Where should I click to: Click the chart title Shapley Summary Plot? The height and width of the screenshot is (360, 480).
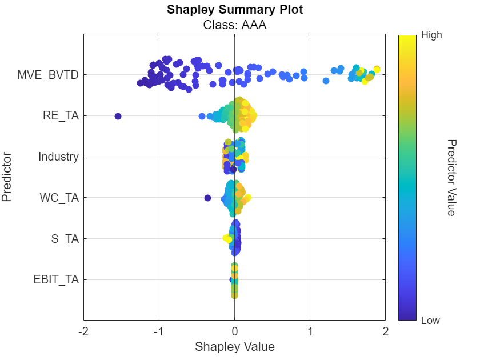[234, 10]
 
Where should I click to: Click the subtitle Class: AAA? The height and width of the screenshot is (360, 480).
[234, 25]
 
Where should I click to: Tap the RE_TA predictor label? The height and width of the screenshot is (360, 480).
[61, 116]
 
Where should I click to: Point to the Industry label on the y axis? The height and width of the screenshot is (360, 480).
[58, 157]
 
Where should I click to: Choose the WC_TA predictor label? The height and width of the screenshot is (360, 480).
[59, 198]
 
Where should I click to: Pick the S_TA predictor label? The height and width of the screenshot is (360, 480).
[65, 239]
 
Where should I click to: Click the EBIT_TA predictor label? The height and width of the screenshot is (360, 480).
[56, 280]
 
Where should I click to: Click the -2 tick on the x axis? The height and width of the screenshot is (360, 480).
[83, 331]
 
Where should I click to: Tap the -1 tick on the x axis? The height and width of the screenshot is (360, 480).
[159, 331]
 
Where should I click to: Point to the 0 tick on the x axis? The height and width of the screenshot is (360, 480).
[234, 331]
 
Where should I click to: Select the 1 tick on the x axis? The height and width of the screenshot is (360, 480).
[310, 331]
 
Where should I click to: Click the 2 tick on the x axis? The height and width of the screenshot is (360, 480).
[386, 331]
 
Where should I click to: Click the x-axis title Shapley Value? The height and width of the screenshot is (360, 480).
[234, 347]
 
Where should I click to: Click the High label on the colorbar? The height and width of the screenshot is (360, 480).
[431, 35]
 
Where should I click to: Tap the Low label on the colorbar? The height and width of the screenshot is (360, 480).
[430, 321]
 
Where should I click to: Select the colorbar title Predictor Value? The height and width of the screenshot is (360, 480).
[450, 177]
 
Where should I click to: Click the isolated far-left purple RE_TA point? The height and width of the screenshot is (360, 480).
[118, 116]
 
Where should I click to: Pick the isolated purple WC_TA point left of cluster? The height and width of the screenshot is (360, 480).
[207, 198]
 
